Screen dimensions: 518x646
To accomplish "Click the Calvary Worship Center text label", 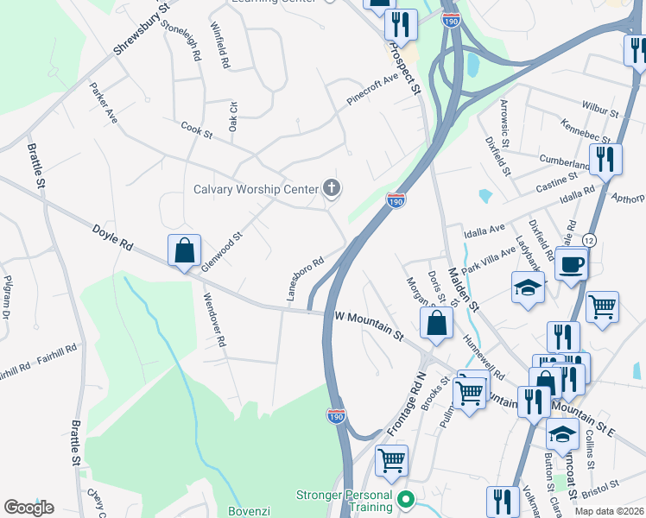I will pos(256,189).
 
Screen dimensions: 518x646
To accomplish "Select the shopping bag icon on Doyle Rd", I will pos(185,251).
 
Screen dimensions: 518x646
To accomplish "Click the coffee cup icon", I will pos(572,263).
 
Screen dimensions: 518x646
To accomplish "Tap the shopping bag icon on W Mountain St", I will pos(437,324).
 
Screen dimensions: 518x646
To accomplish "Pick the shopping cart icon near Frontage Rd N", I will pos(392,461).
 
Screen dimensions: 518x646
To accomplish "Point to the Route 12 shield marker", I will pos(589,239).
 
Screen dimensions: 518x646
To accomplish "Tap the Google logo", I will pos(28,508).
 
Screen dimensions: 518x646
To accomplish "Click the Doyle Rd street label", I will pos(112,239).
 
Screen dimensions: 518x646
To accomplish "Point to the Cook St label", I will pos(196,130).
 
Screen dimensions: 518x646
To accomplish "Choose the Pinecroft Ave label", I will pos(372,90).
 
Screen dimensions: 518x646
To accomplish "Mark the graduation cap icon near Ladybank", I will pos(528,289).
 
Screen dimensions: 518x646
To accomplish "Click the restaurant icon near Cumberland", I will pos(606,160).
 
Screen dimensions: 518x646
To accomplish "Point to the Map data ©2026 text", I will pos(608,511).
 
